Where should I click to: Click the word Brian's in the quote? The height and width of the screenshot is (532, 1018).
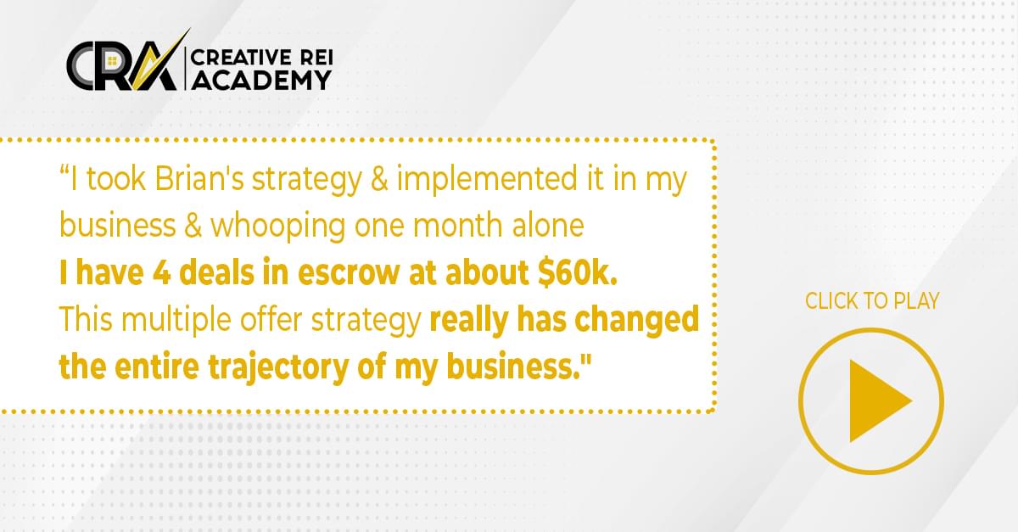(x=199, y=178)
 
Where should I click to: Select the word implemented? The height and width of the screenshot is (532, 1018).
(x=487, y=178)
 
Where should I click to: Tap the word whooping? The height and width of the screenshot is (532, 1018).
(x=277, y=227)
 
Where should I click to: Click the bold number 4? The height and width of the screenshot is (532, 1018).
(x=162, y=273)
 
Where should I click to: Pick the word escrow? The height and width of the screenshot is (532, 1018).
(x=349, y=273)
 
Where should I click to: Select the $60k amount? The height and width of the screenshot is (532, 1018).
(x=577, y=272)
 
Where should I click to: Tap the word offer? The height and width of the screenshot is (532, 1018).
(x=271, y=319)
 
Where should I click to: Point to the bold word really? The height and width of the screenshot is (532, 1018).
(x=468, y=320)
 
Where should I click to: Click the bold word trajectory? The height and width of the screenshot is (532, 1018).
(x=278, y=367)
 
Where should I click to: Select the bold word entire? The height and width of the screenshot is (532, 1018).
(x=157, y=367)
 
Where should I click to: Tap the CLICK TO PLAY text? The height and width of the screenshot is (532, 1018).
(x=872, y=301)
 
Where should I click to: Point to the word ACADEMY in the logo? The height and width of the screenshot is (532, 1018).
(x=262, y=81)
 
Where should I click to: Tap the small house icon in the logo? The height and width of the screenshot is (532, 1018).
(x=112, y=61)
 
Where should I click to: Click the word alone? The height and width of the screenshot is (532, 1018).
(x=548, y=226)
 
